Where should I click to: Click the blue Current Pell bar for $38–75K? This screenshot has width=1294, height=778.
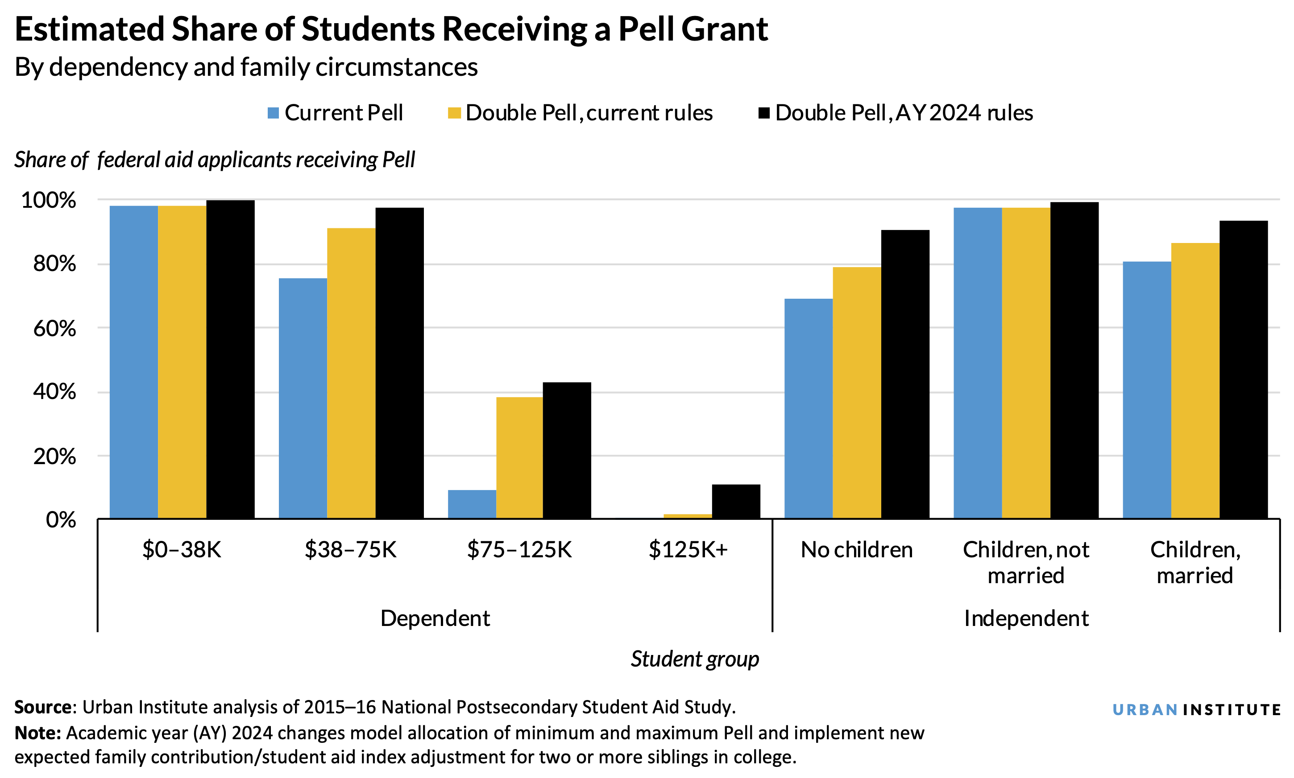(303, 399)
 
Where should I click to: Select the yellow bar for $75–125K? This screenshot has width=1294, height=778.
(519, 458)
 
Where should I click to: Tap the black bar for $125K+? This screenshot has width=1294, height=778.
(735, 501)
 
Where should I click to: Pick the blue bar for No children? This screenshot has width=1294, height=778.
(808, 408)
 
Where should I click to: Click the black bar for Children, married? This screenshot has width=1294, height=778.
(1243, 370)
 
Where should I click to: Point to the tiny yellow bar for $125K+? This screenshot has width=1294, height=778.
(687, 516)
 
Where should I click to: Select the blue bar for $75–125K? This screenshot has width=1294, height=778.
(472, 504)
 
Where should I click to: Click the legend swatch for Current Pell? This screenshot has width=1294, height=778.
(273, 113)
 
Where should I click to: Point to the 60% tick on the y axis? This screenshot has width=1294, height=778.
(54, 329)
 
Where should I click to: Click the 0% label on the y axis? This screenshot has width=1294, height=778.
(61, 520)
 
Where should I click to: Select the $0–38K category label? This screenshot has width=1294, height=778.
(182, 549)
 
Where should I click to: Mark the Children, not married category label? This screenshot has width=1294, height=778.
(1025, 562)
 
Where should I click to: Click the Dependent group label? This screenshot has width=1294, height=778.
(435, 618)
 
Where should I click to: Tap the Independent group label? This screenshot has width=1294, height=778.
(1026, 618)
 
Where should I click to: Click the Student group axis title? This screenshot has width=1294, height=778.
(694, 659)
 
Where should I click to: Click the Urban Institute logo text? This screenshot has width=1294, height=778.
(1196, 710)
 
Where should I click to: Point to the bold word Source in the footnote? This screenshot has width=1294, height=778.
(43, 707)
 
